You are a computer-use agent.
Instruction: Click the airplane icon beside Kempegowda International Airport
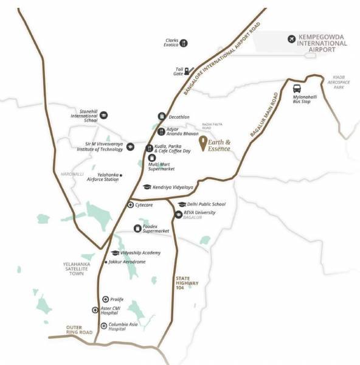[x=291, y=40]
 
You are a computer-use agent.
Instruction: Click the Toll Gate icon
[x=187, y=71]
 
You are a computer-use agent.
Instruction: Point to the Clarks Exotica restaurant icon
[x=183, y=43]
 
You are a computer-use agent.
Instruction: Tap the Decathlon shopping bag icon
[x=161, y=116]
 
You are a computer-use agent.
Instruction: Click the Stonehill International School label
[x=84, y=116]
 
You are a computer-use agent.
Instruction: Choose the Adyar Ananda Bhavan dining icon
[x=161, y=131]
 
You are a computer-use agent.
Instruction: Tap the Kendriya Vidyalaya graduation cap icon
[x=147, y=187]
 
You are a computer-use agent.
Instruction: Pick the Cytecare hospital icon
[x=130, y=205]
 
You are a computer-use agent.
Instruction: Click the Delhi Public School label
[x=206, y=204]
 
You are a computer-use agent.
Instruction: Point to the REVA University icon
[x=178, y=214]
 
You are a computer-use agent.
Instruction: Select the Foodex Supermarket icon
[x=137, y=229]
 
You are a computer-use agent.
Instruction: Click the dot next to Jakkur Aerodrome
[x=106, y=262]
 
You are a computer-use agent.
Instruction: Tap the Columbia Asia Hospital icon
[x=104, y=326]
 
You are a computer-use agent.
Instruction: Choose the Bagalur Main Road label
[x=265, y=116]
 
